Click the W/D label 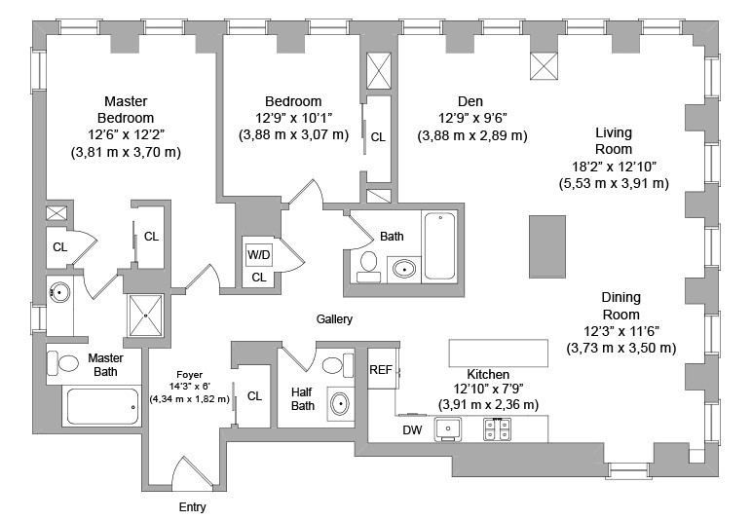[258, 255]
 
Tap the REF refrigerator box [380, 370]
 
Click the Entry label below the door [192, 507]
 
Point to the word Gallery [334, 319]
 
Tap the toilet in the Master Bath [67, 363]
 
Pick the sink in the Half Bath [341, 403]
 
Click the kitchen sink [450, 427]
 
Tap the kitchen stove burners [499, 426]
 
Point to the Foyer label [189, 374]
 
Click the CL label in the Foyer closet [254, 396]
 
